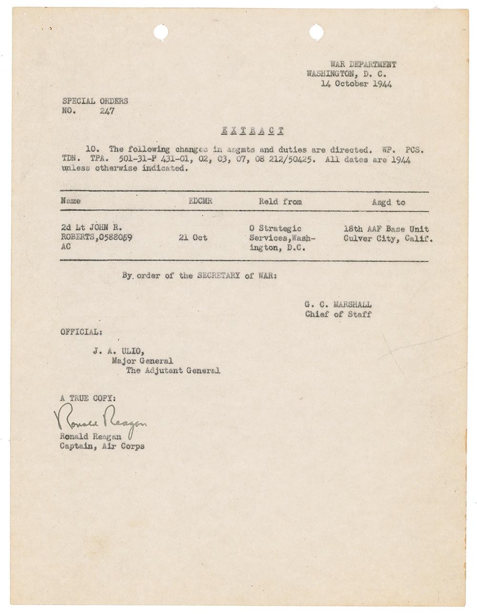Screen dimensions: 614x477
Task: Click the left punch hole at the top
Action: (x=161, y=32)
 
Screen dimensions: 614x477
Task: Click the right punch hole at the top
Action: (x=316, y=32)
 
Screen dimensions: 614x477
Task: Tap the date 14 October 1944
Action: (x=356, y=84)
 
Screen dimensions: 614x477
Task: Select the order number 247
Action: (x=107, y=112)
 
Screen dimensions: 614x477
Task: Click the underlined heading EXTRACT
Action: (x=254, y=131)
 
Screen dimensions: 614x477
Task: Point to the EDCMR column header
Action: (x=200, y=201)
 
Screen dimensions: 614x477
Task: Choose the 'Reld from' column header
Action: (x=280, y=202)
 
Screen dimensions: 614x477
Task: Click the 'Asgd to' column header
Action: (x=389, y=202)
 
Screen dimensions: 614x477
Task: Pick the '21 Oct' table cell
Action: (x=193, y=237)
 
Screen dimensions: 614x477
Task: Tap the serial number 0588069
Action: (x=114, y=238)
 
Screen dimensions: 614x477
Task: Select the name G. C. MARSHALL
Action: (x=338, y=305)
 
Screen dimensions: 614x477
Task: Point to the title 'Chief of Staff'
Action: (x=338, y=314)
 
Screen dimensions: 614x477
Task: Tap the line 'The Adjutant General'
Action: (x=173, y=370)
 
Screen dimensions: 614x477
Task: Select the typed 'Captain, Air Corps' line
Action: (x=102, y=446)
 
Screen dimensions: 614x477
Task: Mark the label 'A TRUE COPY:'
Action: (x=87, y=398)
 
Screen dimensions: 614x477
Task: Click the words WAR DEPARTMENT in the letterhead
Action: (x=363, y=65)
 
